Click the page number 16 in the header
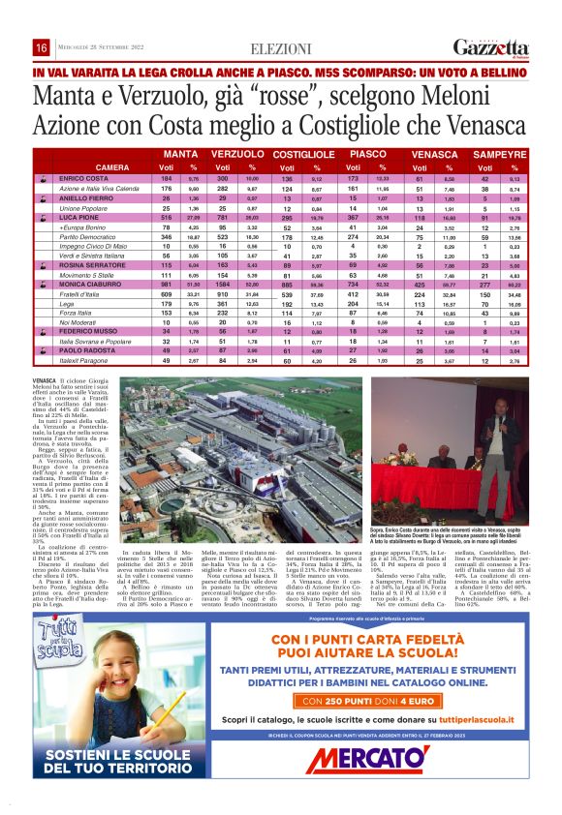pos(42,48)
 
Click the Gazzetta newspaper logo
pos(491,48)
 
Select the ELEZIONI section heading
pos(280,48)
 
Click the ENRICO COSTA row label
pos(83,179)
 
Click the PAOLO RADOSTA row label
pos(87,351)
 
